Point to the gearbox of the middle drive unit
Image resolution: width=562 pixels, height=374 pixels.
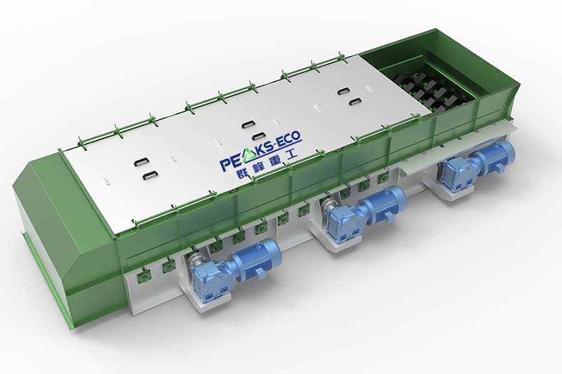click(342, 223)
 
